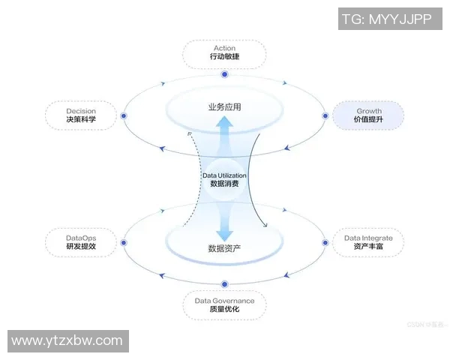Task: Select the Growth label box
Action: (368, 115)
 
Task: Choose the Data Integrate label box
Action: (368, 241)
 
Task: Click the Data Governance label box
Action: (224, 304)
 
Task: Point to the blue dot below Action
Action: (224, 74)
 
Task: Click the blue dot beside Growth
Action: (326, 116)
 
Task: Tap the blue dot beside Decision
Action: (124, 116)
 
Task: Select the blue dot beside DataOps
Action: (124, 241)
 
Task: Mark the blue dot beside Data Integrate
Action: (326, 241)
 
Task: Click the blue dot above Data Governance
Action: (224, 283)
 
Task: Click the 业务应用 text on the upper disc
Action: (224, 107)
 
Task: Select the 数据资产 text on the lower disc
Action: (224, 247)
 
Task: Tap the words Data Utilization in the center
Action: (224, 175)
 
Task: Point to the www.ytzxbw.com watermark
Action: (67, 340)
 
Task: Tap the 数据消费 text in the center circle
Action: (224, 184)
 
